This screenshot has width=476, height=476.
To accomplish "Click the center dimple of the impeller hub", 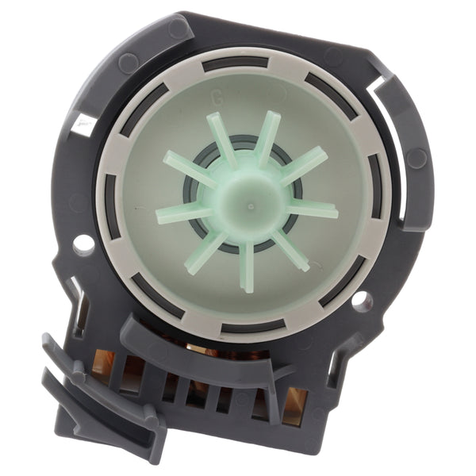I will click(251, 206).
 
